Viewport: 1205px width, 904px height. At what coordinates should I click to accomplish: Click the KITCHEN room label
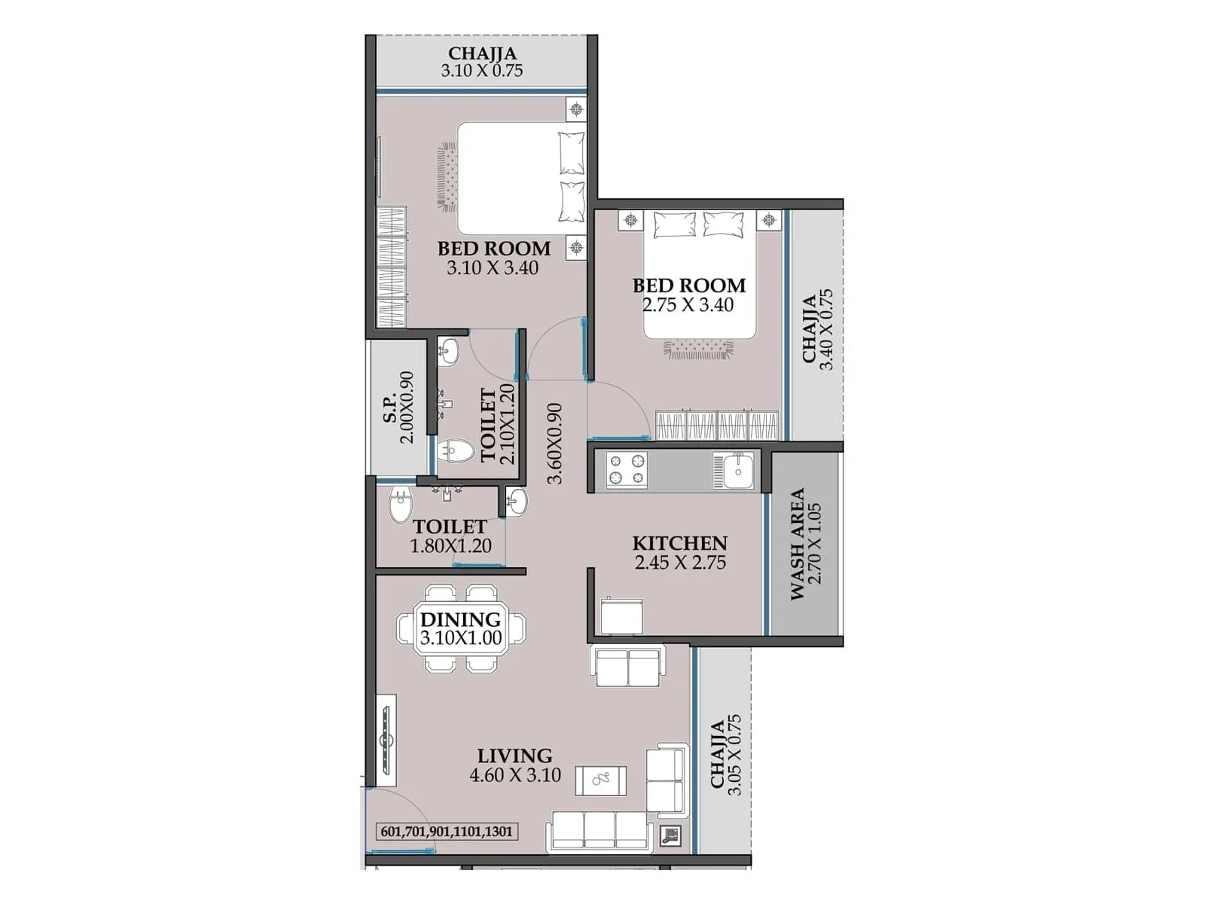coord(679,543)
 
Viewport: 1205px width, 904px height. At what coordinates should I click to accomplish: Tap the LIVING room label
coord(514,756)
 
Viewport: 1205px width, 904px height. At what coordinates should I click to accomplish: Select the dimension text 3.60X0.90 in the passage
coord(554,444)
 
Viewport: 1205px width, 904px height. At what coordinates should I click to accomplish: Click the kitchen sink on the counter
coord(734,471)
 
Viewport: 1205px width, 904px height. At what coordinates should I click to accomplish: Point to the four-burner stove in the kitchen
coord(627,469)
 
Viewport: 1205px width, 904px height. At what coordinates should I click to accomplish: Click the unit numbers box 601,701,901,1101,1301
coord(447,832)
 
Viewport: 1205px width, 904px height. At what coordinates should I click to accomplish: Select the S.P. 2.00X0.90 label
coord(398,408)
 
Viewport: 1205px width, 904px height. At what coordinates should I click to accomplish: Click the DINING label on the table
coord(460,619)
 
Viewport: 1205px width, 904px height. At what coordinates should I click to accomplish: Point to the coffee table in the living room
coord(600,780)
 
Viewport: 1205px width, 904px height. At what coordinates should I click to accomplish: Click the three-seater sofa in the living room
coord(600,832)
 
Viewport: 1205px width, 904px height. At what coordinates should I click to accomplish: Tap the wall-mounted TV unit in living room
coord(387,740)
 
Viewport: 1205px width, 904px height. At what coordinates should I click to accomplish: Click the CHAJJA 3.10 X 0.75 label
coord(482,62)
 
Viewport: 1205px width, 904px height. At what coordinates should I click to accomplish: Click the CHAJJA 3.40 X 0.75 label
coord(817,329)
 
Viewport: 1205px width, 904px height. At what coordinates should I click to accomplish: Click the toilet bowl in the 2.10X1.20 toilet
coord(456,452)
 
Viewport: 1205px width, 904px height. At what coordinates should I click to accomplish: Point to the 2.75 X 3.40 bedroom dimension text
coord(688,305)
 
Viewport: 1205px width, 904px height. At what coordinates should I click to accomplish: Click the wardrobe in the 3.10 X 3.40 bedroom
coord(391,267)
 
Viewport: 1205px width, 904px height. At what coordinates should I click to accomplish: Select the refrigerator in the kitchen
coord(621,616)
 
